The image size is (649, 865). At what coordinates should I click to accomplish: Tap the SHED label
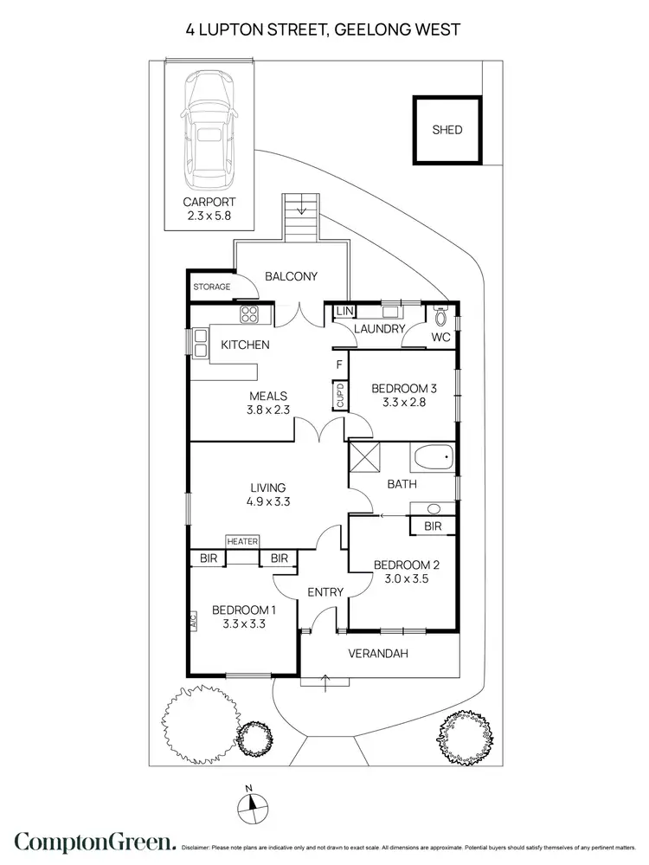447,131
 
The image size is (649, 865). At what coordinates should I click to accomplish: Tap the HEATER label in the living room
243,541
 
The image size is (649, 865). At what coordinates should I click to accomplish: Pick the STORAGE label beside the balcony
212,287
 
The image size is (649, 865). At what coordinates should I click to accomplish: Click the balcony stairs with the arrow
300,218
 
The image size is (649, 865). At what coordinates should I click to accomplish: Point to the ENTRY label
325,592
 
